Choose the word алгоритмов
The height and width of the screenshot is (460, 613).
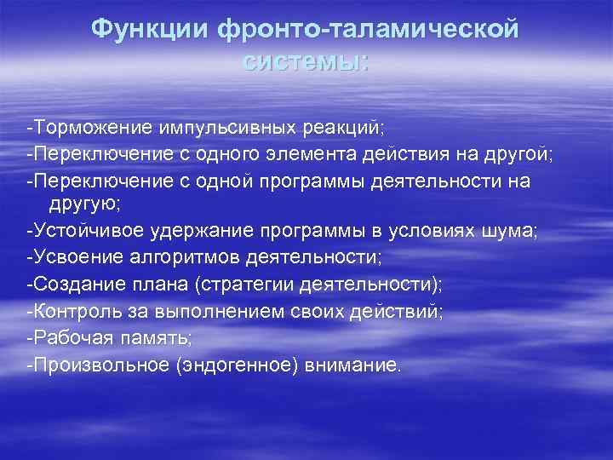tap(198, 260)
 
